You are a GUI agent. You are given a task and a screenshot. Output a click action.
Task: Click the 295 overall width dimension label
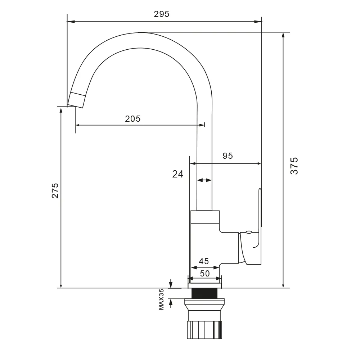(161, 14)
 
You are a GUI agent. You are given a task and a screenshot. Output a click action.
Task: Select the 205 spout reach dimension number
(133, 118)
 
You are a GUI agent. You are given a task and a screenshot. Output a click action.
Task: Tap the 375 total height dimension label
(294, 166)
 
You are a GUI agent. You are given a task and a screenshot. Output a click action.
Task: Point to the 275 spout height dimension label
(55, 190)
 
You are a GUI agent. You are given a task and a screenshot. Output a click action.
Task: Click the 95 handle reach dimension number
(228, 156)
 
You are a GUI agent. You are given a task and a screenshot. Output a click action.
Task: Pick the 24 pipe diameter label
(178, 174)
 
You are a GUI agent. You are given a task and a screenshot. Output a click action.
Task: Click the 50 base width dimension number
(205, 274)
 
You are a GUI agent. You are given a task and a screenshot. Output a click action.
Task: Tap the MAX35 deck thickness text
(161, 299)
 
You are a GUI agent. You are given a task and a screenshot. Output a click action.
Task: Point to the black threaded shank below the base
(204, 293)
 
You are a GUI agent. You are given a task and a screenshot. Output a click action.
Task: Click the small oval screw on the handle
(248, 233)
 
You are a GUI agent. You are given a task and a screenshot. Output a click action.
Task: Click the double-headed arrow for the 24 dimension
(204, 180)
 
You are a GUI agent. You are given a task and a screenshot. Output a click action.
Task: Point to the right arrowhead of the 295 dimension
(258, 22)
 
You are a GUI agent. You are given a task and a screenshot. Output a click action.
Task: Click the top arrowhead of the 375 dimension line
(284, 35)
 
